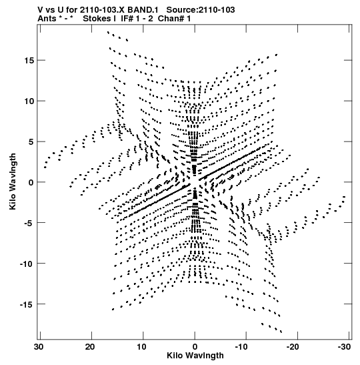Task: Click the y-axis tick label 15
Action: point(29,60)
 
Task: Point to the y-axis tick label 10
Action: point(29,101)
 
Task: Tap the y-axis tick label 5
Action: point(31,141)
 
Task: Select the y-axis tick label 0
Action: point(31,182)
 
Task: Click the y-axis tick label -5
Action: point(30,223)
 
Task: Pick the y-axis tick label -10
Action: point(27,264)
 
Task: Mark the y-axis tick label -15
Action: point(27,304)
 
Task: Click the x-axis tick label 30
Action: point(39,346)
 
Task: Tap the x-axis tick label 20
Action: point(90,346)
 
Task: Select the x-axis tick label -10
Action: point(241,346)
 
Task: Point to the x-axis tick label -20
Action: point(293,346)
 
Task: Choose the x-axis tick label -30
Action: point(344,346)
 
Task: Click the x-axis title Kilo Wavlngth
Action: point(195,356)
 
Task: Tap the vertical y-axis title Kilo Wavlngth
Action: point(13,181)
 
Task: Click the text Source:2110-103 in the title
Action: point(201,10)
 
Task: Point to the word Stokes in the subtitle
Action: point(97,19)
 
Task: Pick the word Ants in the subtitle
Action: point(47,19)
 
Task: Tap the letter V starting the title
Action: point(41,10)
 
